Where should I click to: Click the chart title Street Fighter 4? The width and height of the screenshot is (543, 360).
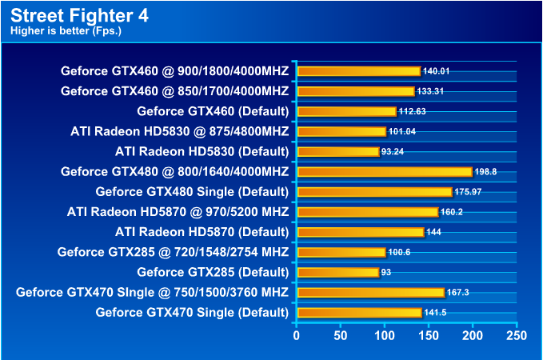click(x=80, y=15)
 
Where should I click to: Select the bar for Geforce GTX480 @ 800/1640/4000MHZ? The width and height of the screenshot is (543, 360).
click(x=385, y=171)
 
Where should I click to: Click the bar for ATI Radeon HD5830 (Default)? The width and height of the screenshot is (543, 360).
click(x=337, y=151)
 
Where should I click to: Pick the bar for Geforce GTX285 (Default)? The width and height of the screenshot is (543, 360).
click(x=337, y=272)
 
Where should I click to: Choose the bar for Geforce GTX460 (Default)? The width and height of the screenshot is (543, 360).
click(x=346, y=111)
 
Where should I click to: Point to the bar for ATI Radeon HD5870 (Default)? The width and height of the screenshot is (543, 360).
click(x=360, y=232)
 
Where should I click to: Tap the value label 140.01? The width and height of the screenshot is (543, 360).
click(x=436, y=71)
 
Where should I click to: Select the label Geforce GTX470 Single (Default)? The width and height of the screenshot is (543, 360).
click(x=192, y=312)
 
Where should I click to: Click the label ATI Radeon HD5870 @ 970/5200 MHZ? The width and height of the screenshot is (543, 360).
click(x=178, y=212)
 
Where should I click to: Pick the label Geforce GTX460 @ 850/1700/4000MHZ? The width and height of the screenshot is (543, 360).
click(x=174, y=91)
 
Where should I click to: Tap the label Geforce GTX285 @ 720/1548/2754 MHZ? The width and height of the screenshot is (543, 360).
click(x=173, y=252)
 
